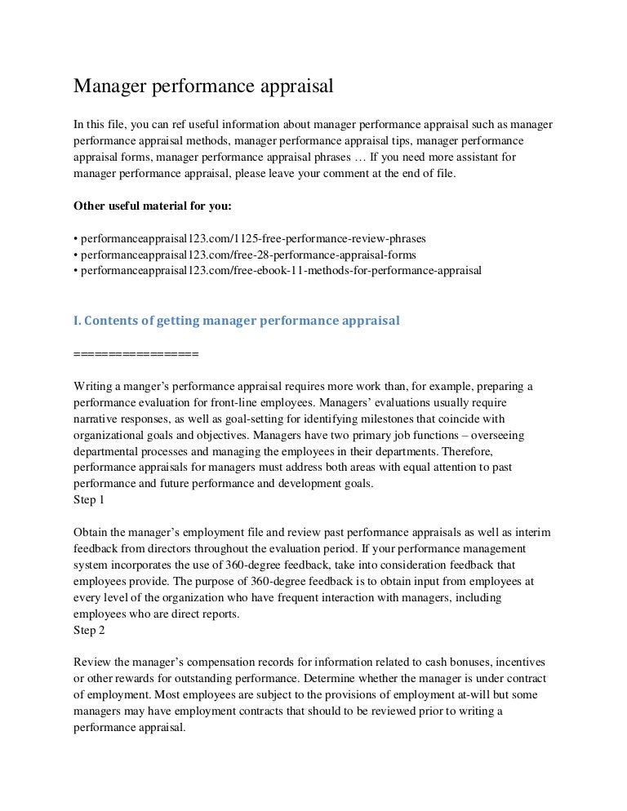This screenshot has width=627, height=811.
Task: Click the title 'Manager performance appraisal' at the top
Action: point(205,86)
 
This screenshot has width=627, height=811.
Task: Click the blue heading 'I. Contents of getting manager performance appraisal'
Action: point(237,321)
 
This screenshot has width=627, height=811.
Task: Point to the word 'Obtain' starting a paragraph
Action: point(91,532)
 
